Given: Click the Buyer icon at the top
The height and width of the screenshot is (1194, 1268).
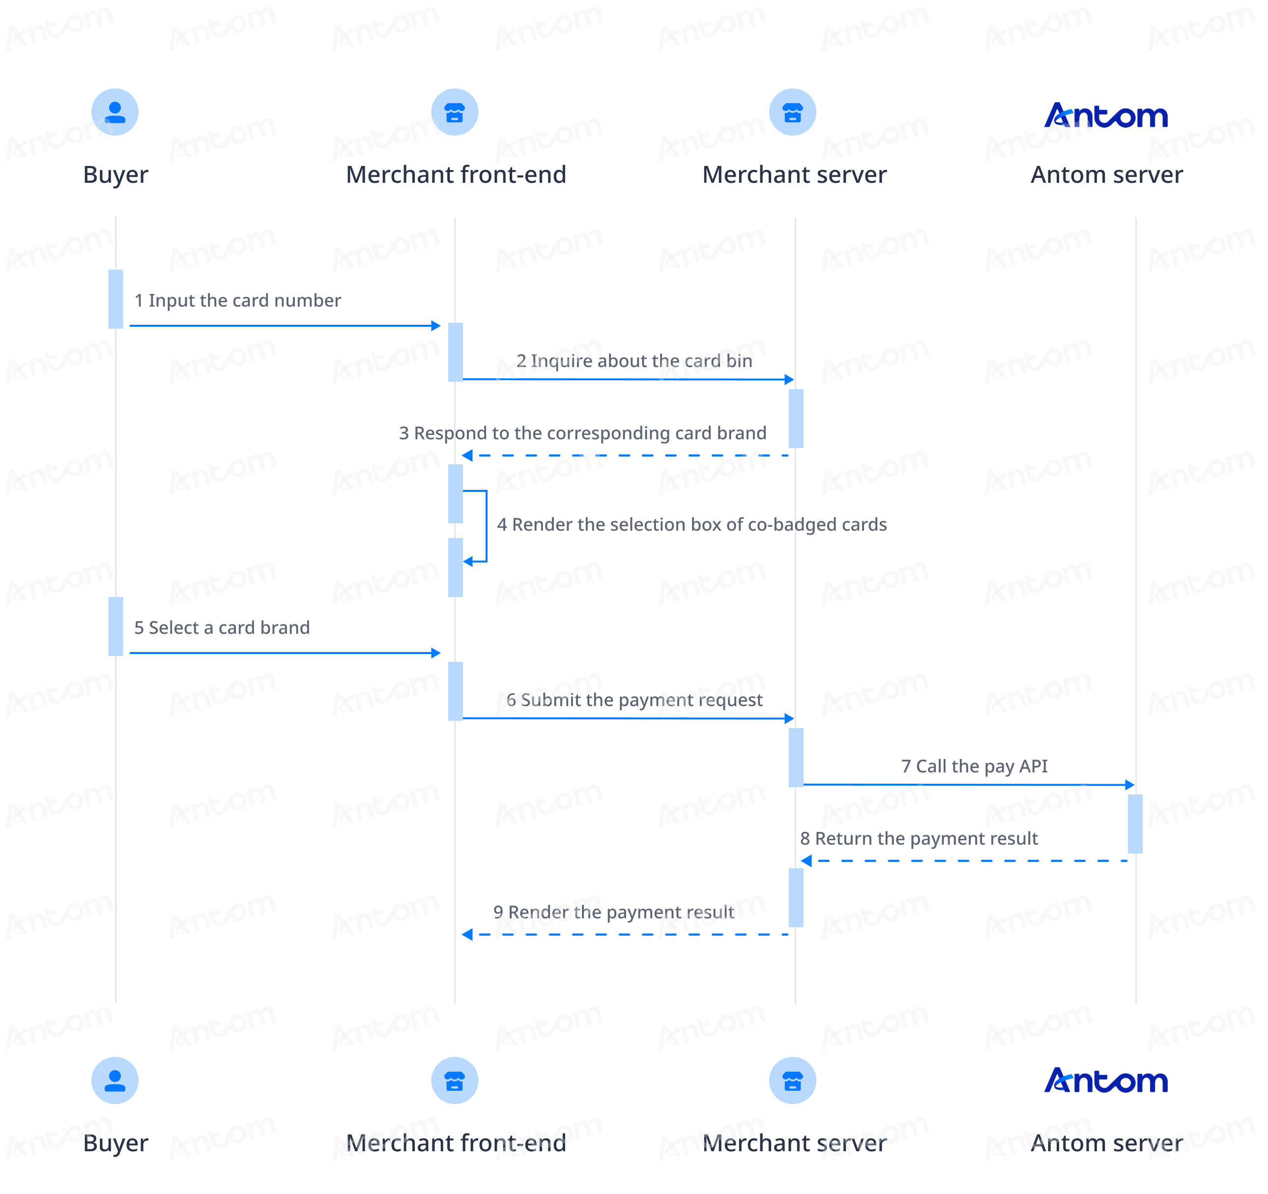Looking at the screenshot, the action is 115,112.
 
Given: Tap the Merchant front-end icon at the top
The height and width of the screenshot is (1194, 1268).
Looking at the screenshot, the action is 455,112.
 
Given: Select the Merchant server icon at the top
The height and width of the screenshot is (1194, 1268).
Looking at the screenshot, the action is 793,112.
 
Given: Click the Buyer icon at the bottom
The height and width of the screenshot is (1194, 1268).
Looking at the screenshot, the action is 115,1080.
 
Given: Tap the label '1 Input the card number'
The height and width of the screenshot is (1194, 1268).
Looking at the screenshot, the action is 238,300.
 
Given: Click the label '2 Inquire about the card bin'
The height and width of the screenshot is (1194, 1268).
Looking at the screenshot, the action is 634,361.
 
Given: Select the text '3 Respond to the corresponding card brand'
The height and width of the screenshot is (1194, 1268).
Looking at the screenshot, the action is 583,433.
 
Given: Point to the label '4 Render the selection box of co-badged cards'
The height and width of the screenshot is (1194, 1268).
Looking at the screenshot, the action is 692,524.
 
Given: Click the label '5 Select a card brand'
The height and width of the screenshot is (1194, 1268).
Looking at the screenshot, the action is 222,627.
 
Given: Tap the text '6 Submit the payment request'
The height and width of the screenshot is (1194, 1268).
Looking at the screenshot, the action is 634,700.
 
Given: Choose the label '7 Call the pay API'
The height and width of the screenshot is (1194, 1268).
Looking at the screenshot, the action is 975,766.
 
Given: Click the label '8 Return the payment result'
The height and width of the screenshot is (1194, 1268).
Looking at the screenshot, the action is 919,838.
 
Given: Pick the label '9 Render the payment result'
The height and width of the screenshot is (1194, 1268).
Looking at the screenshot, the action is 613,912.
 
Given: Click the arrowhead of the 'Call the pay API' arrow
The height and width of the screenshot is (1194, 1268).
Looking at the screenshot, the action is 1130,785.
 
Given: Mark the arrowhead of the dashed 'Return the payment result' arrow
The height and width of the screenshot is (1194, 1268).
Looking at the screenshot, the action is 806,861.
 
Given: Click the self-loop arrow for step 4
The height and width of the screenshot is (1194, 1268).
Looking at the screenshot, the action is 487,526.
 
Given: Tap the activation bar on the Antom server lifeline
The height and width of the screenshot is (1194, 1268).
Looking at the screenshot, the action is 1135,824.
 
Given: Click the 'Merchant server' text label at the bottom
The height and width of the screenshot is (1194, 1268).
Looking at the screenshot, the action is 794,1143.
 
